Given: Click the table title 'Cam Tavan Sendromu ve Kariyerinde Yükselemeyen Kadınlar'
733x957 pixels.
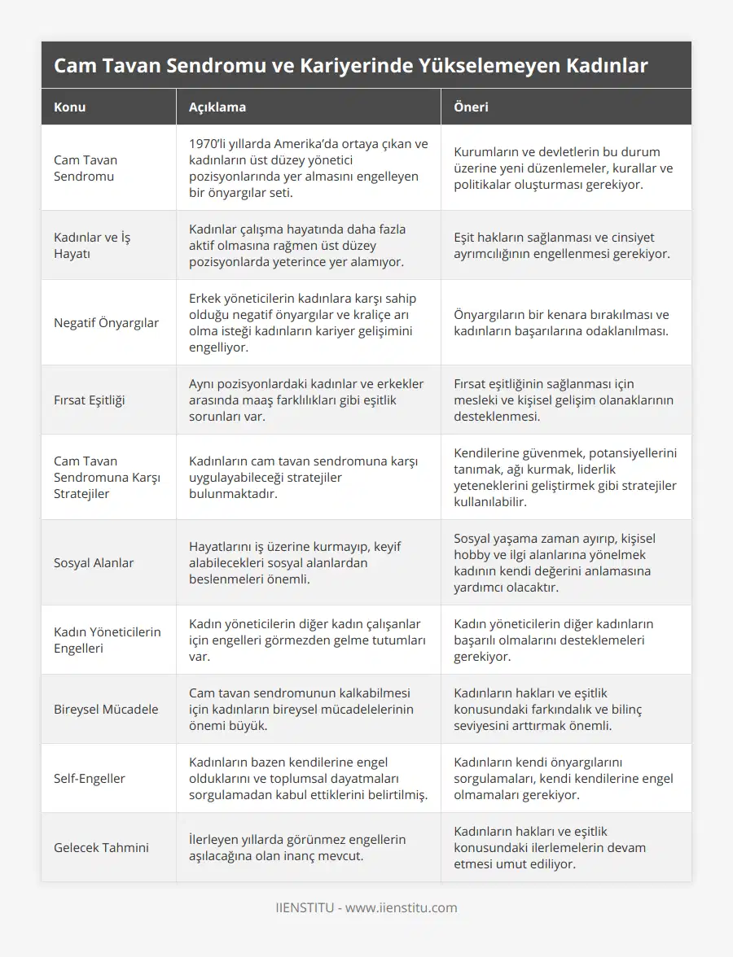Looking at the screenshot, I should pos(350,66).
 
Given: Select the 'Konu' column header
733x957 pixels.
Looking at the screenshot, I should pos(70,107).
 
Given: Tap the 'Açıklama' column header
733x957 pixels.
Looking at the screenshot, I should pos(217,107).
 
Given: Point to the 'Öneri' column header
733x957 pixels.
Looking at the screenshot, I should pos(472,107).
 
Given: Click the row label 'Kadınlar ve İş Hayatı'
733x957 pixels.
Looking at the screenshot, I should pos(92,245).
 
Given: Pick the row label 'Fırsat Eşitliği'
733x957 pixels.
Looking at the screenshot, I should pos(90,400).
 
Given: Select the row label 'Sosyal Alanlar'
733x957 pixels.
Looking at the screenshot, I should pos(94,562).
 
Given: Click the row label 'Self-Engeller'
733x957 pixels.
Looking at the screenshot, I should pos(90,778).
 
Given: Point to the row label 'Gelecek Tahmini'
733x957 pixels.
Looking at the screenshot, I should pos(101,847).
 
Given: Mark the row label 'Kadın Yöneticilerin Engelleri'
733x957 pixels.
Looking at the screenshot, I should pos(107,640).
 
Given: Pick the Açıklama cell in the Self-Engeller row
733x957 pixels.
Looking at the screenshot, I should pos(308,778).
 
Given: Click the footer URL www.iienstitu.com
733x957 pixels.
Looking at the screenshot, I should pos(401,907).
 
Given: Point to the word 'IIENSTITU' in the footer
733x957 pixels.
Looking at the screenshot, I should pos(305,907).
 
